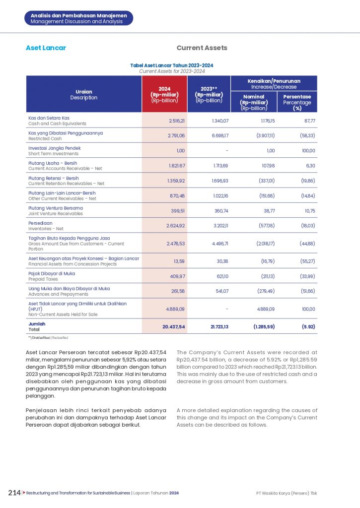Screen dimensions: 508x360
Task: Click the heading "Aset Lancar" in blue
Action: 46,48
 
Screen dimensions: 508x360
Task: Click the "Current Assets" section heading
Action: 202,48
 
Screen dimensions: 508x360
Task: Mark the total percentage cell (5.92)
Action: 305,326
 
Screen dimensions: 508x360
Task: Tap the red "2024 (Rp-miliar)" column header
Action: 164,94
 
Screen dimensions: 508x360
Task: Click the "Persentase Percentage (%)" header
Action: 297,102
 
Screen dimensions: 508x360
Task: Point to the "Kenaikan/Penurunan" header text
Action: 274,81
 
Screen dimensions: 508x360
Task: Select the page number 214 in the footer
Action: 14,493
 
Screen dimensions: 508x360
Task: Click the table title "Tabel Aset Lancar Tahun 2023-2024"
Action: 172,65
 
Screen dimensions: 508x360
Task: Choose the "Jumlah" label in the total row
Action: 36,323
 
